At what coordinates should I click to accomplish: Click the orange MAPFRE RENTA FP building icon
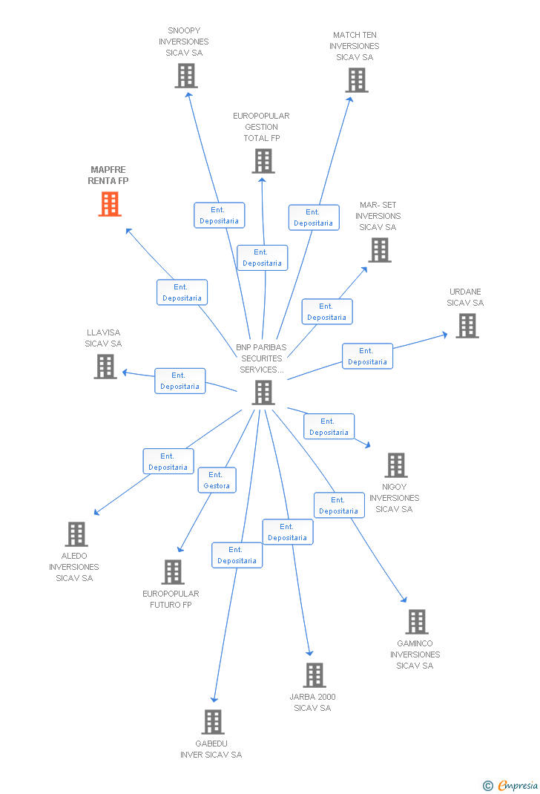[x=110, y=204]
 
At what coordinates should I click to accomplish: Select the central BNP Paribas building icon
[x=263, y=393]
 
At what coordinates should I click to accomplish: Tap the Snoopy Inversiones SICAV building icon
[x=186, y=76]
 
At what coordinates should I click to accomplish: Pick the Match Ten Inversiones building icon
[x=357, y=80]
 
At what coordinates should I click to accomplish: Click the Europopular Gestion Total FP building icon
[x=263, y=161]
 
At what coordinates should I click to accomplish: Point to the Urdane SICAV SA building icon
[x=467, y=326]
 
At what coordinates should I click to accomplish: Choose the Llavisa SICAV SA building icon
[x=105, y=367]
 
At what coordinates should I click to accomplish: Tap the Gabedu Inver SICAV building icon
[x=213, y=722]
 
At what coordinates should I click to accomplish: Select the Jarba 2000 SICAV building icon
[x=315, y=675]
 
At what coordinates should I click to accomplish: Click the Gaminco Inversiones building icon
[x=417, y=622]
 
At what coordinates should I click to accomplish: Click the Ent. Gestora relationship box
[x=217, y=480]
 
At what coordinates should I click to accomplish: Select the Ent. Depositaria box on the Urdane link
[x=367, y=356]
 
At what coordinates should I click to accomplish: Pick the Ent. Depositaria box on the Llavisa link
[x=180, y=381]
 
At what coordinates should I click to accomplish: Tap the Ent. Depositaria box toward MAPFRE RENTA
[x=182, y=292]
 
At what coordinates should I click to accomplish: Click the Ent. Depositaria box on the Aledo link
[x=168, y=462]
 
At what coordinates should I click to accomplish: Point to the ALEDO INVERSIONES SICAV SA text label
[x=74, y=567]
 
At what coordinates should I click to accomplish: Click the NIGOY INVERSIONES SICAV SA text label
[x=394, y=498]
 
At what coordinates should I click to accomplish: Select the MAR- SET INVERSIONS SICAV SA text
[x=378, y=216]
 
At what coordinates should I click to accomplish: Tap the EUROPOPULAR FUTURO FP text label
[x=171, y=599]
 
